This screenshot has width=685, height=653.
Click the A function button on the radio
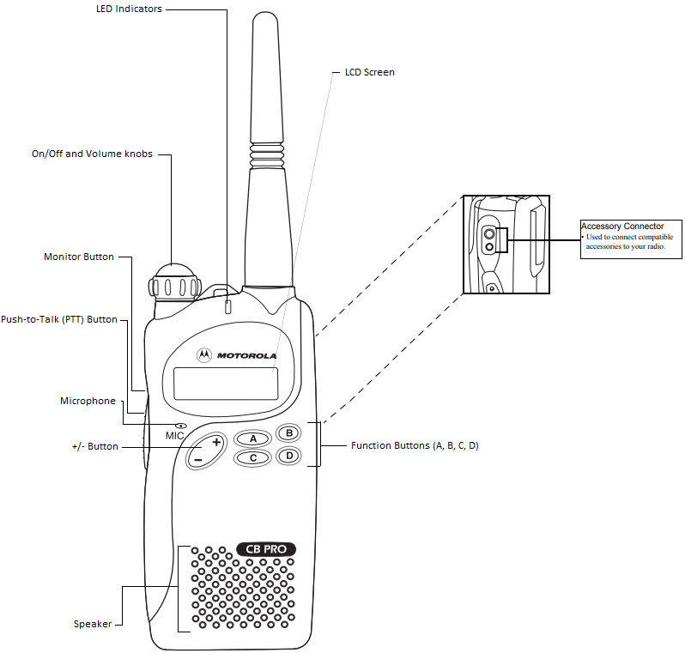coord(252,438)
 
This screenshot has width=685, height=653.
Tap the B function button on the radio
coord(289,432)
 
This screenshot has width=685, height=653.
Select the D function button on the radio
coord(289,456)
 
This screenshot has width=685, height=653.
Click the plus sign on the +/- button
coord(216,443)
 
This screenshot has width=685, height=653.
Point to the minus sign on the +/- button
coord(197,460)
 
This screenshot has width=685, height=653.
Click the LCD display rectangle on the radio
coord(226,383)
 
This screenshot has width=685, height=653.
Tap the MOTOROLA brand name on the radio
coord(246,355)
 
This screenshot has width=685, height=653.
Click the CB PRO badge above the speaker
coord(266,549)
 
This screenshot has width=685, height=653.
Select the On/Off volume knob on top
coord(175,283)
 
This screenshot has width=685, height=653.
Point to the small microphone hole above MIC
coord(181,426)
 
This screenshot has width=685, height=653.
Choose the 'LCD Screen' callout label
coord(369,73)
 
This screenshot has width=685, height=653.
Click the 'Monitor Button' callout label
coord(78,257)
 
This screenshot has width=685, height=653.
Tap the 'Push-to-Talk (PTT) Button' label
coord(58,319)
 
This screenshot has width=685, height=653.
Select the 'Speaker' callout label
coord(93,624)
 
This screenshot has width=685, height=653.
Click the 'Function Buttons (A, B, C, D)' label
coord(415,445)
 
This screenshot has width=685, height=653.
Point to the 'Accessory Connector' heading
coord(622,227)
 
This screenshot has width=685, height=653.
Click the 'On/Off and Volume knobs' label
coord(92,154)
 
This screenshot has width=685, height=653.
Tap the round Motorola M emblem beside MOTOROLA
coord(204,354)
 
